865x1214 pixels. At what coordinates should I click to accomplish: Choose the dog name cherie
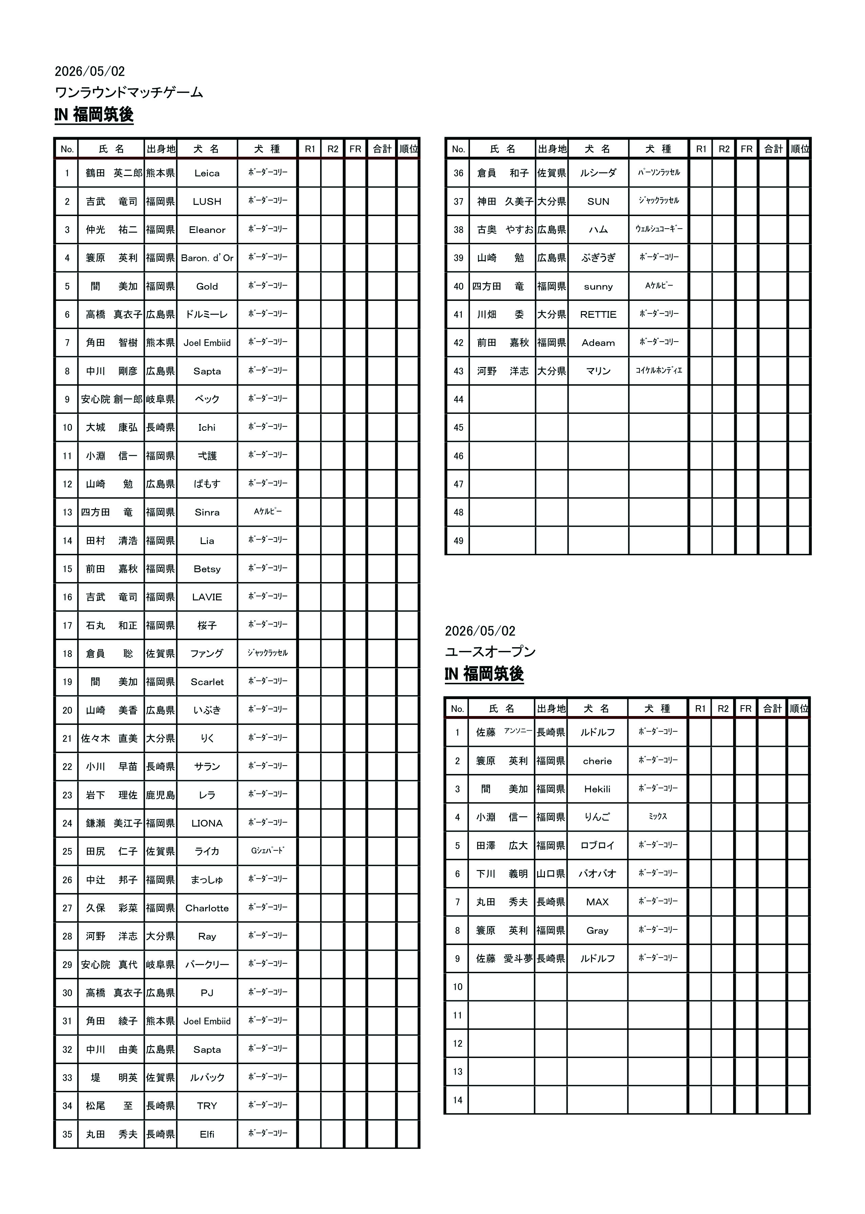point(597,761)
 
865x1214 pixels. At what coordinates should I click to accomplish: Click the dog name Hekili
point(597,789)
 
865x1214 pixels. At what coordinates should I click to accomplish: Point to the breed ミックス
point(658,816)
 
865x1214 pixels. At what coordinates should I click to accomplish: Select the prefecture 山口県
point(550,873)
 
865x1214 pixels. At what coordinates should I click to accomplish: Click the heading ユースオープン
point(490,652)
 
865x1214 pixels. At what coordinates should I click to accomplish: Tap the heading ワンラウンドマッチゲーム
point(129,92)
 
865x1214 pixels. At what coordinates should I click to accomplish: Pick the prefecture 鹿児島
point(160,795)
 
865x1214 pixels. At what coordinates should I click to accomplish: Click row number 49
point(458,541)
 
